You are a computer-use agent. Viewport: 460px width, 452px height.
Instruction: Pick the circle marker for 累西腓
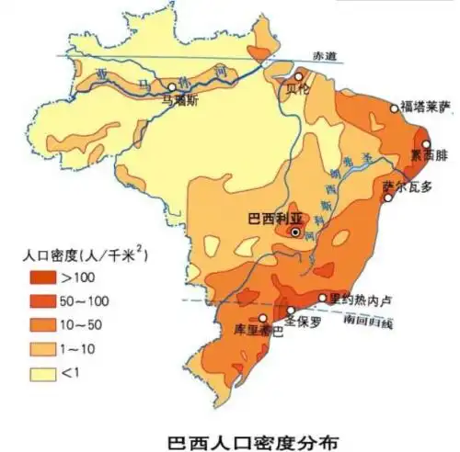(426, 144)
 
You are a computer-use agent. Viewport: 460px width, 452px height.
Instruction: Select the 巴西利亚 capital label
(276, 218)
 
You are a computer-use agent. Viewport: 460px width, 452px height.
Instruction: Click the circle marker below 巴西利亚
(294, 232)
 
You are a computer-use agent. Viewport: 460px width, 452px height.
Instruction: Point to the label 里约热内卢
(360, 299)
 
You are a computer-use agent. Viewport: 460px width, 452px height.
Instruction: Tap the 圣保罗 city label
(303, 322)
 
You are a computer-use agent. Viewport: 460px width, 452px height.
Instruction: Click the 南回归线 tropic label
(368, 322)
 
